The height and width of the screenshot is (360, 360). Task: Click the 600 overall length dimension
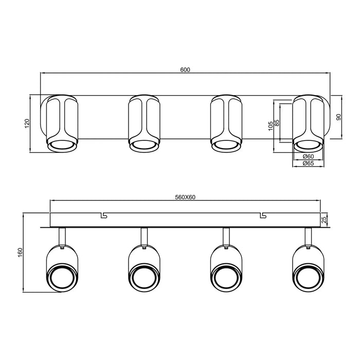pos(186,70)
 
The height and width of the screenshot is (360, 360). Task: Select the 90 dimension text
pos(338,117)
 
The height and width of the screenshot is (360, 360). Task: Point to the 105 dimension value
pos(270,126)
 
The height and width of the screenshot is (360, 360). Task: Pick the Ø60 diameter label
pos(309,156)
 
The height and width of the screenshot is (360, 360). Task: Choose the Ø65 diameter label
pos(309,163)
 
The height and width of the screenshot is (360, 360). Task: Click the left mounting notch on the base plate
pos(104,214)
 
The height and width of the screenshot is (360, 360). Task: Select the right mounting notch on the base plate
pos(263,214)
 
